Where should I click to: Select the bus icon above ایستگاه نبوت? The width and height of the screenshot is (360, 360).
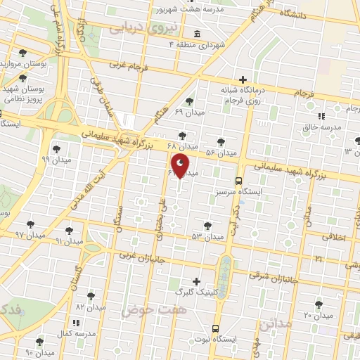tap(214, 328)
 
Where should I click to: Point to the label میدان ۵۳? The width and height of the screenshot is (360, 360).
tap(207, 237)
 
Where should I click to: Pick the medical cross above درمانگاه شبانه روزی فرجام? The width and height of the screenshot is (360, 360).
tap(243, 79)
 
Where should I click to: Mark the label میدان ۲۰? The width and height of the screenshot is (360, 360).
tap(318, 315)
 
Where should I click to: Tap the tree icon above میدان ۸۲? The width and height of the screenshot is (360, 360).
tap(91, 296)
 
